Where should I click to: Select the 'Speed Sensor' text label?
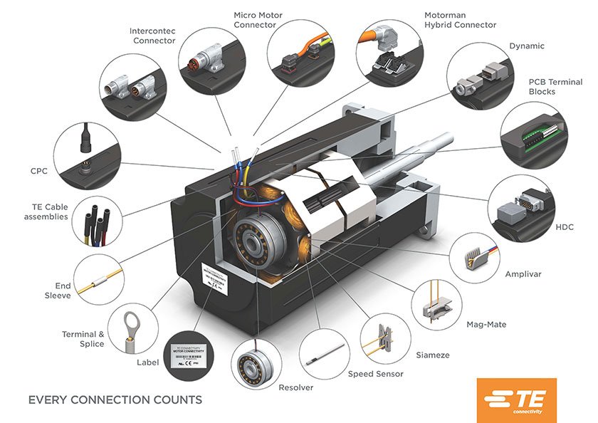tap(375, 374)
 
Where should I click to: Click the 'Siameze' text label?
tap(432, 355)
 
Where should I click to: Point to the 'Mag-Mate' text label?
tap(486, 325)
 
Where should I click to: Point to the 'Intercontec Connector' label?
tap(152, 36)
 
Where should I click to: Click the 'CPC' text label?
tap(38, 171)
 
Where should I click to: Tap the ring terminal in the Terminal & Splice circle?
tap(131, 320)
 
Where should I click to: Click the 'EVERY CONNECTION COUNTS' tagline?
tap(115, 399)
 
